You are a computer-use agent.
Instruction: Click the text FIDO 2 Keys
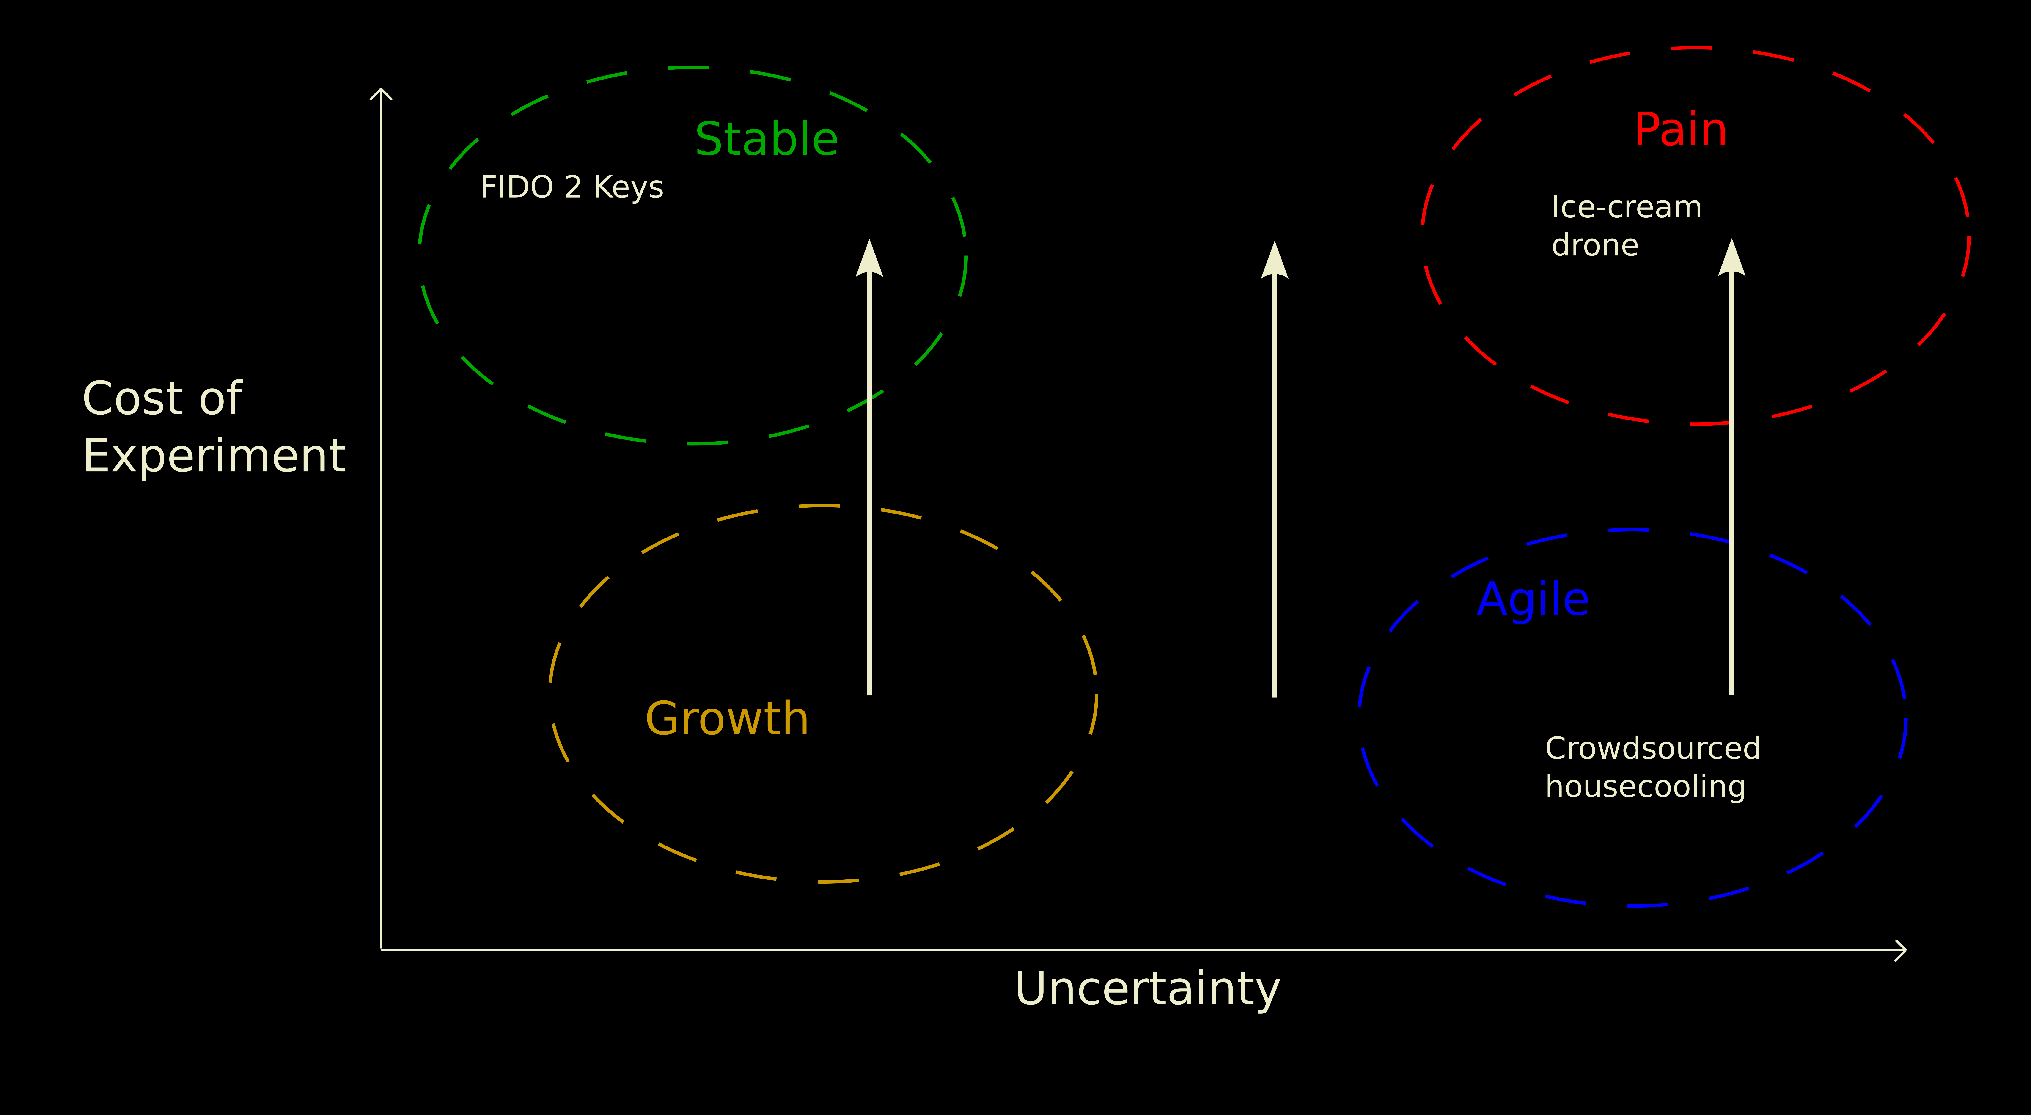tap(572, 188)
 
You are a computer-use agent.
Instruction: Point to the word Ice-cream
tap(1626, 207)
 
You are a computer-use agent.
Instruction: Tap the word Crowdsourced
tap(1653, 748)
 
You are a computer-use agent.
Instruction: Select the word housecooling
tap(1645, 787)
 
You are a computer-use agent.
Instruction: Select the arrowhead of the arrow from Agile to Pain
tap(1731, 259)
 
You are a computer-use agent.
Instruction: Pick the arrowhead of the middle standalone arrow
tap(1274, 260)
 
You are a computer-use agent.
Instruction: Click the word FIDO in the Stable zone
tap(517, 188)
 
